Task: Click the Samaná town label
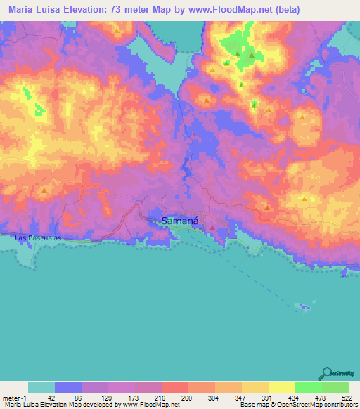point(180,221)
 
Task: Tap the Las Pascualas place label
point(39,238)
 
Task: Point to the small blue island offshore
point(304,306)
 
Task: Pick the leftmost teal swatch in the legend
point(41,387)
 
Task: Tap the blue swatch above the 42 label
point(67,387)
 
